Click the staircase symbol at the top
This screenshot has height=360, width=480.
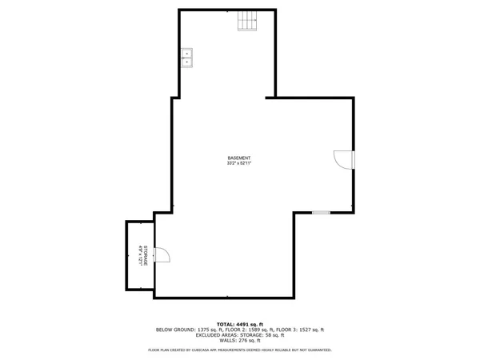[248, 22]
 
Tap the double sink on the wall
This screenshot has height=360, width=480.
[187, 57]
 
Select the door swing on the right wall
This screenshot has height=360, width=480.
[342, 159]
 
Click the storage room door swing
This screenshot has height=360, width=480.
[162, 255]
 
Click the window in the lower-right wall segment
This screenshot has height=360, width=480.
[321, 212]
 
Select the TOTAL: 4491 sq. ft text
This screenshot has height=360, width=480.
[240, 323]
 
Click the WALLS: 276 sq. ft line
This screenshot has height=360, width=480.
[240, 341]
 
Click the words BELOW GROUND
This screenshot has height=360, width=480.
[173, 330]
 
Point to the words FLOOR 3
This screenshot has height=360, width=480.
[286, 330]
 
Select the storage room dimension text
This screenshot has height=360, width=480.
[140, 256]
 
